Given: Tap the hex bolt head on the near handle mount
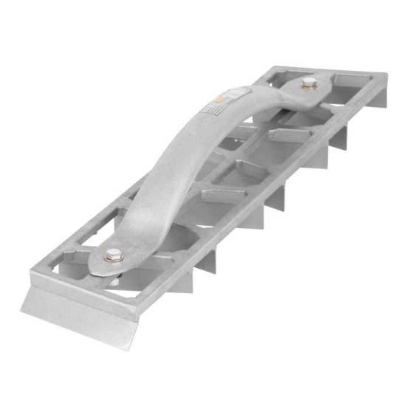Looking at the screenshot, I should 111,255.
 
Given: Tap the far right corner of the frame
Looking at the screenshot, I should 386,74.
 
